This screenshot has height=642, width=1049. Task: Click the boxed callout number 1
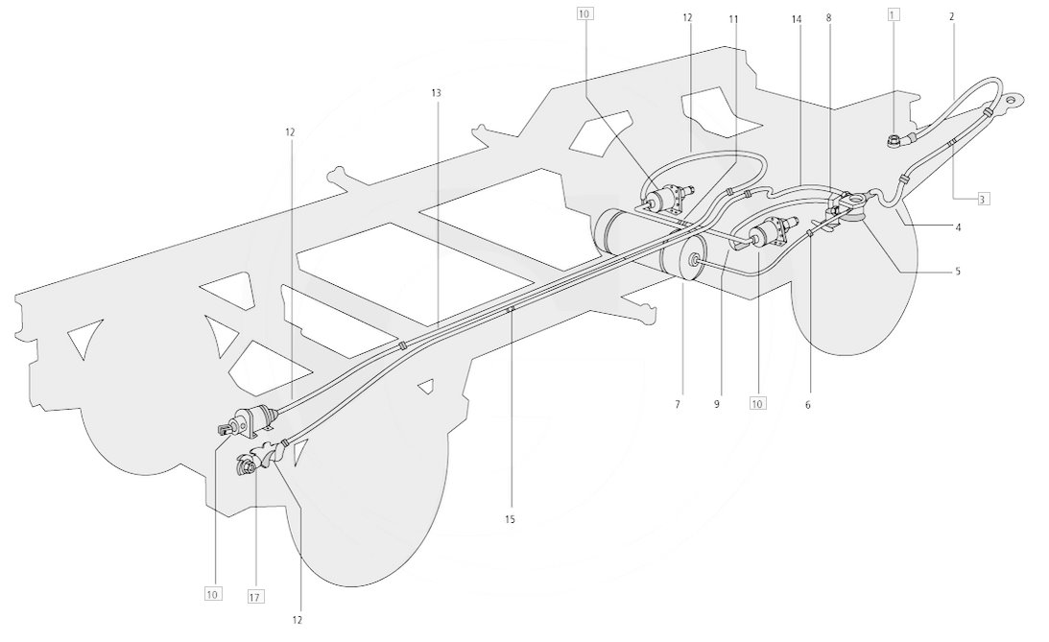(894, 12)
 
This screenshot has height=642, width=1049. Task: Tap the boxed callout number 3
(982, 199)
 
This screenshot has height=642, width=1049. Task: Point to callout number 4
(958, 227)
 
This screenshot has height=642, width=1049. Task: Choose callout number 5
(958, 272)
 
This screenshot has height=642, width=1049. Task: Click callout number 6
(807, 405)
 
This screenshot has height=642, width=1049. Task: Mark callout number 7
(677, 405)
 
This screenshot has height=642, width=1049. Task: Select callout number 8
(828, 19)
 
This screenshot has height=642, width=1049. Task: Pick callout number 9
(717, 405)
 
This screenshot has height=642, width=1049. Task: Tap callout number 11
(733, 19)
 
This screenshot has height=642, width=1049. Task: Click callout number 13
(436, 93)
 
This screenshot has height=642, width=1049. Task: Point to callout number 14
(797, 19)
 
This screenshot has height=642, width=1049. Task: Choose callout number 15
(510, 519)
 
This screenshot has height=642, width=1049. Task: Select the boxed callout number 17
(255, 597)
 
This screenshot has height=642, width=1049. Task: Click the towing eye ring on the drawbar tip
(1013, 101)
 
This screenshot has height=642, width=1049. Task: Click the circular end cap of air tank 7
(695, 261)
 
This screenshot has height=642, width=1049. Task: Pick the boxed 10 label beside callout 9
(757, 403)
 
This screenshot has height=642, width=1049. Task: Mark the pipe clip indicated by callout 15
(510, 309)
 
